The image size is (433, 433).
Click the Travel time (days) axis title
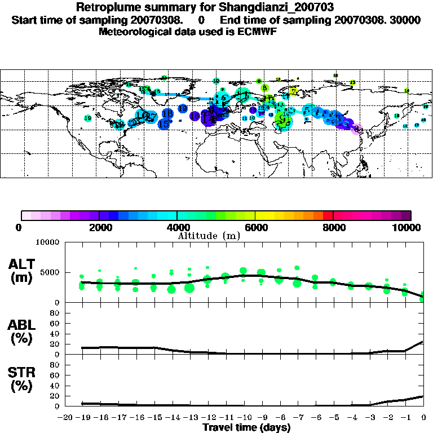(x=246, y=428)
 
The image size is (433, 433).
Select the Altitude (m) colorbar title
(x=209, y=236)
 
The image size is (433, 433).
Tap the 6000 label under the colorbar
(x=255, y=227)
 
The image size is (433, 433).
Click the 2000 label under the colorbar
(x=99, y=227)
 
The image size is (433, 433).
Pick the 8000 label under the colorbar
(x=333, y=227)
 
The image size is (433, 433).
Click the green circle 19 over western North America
(x=87, y=118)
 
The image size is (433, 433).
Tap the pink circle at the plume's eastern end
(x=356, y=129)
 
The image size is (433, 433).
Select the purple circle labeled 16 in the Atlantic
(x=195, y=116)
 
